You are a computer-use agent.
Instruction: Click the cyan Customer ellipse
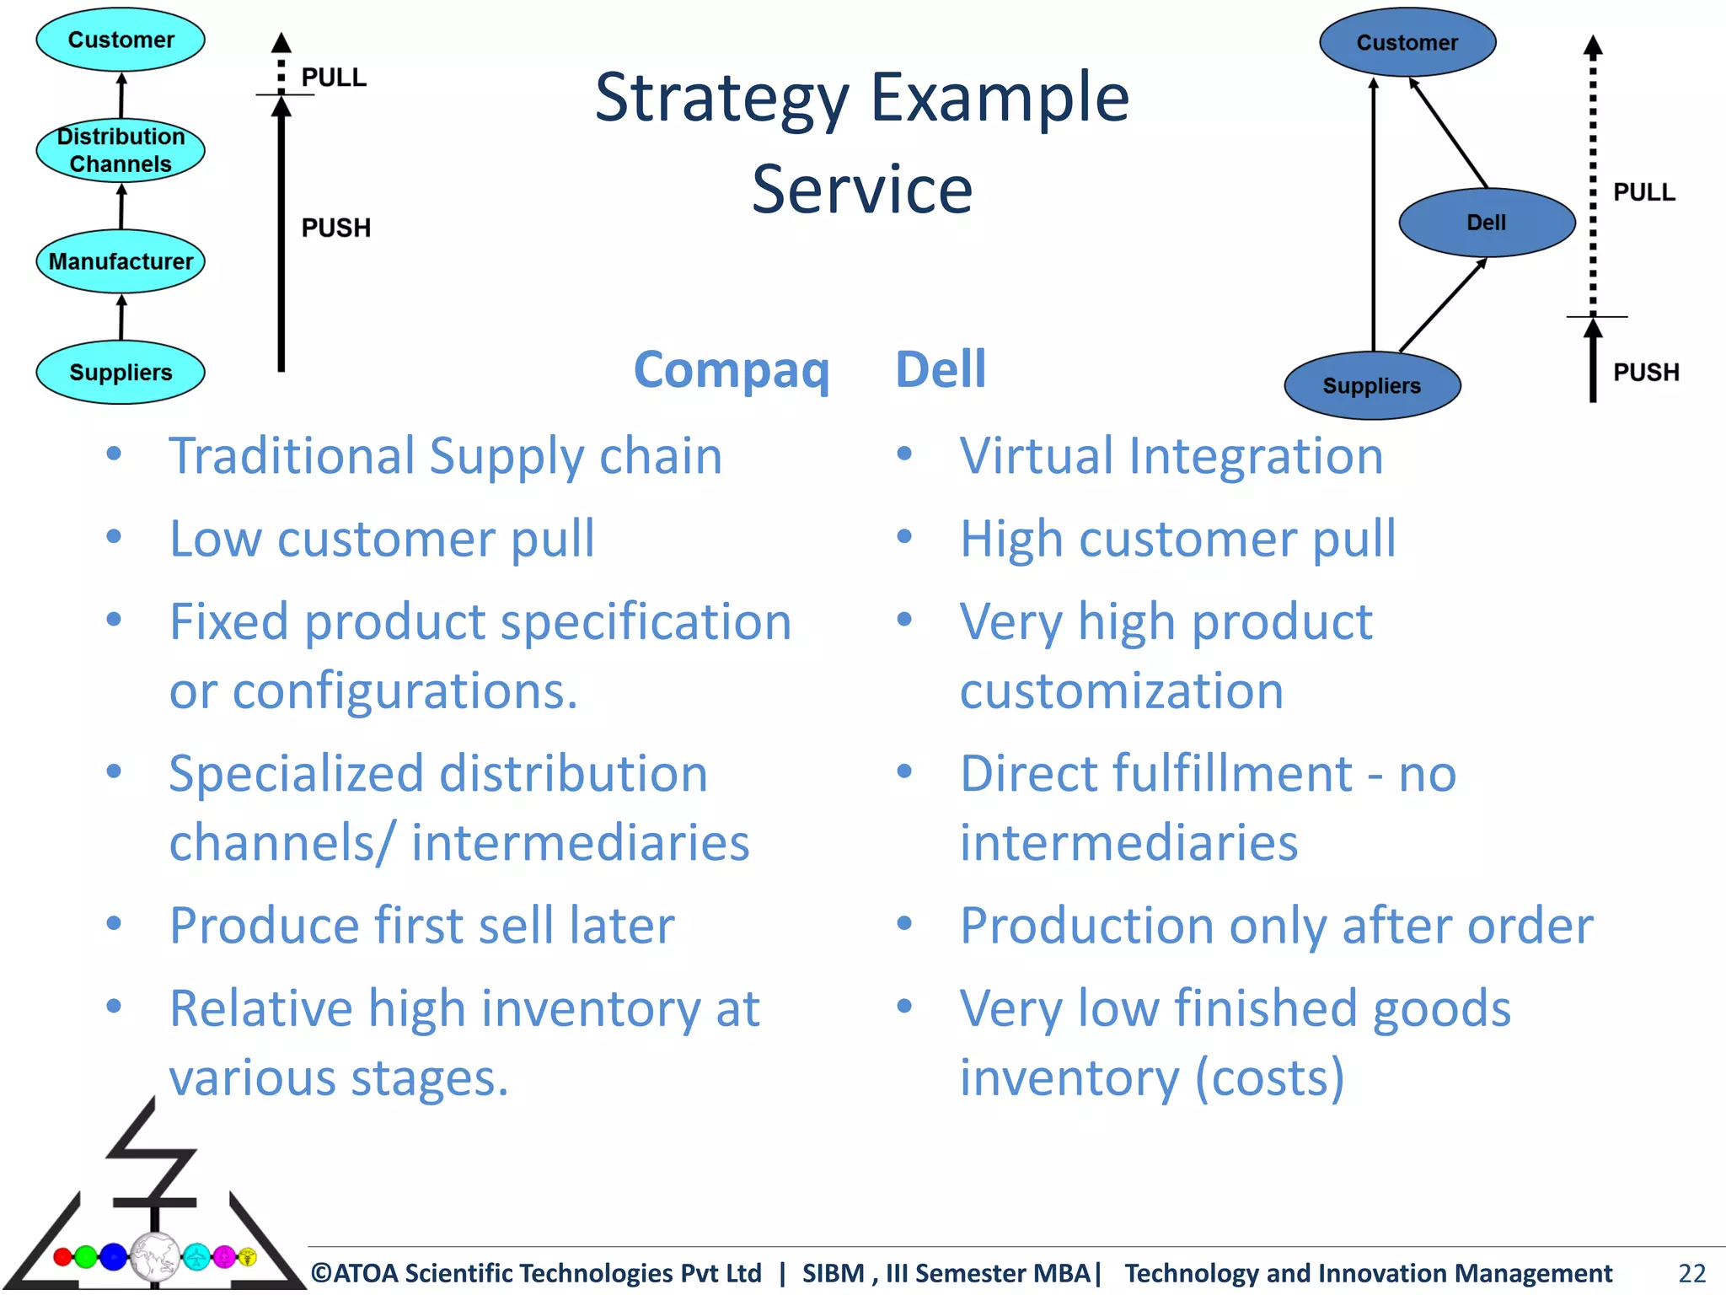pos(121,40)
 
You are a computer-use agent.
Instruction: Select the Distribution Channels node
pos(121,150)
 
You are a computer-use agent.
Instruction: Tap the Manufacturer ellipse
pos(121,261)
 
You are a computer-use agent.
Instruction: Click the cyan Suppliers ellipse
pos(121,372)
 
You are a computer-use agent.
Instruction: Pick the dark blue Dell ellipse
pos(1487,223)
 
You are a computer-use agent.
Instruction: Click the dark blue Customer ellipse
pos(1407,42)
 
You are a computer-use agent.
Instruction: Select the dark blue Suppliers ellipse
pos(1371,385)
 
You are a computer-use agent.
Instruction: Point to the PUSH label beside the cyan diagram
pos(335,228)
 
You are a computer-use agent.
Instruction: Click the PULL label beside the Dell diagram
pos(1643,192)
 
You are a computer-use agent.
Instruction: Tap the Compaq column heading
pos(732,369)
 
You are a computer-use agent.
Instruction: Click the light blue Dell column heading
pos(940,369)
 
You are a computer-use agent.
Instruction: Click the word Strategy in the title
pos(721,98)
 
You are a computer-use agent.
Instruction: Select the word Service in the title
pos(861,190)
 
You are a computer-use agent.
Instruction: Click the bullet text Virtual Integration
pos(1171,456)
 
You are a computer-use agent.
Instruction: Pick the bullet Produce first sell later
pos(421,925)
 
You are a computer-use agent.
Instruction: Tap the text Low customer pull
pos(382,539)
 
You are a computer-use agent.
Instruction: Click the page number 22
pos(1691,1272)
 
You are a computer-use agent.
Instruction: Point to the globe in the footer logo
pos(155,1257)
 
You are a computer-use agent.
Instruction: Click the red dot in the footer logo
pos(62,1257)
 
